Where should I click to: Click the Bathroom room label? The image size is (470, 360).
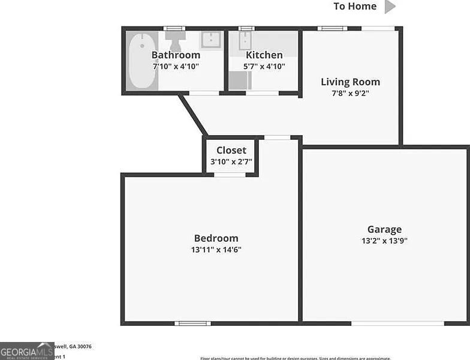[176, 55]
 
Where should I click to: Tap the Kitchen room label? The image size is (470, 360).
[264, 55]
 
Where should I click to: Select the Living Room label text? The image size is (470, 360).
[350, 82]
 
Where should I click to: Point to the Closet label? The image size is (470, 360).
[231, 151]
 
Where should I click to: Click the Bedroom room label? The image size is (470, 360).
[216, 238]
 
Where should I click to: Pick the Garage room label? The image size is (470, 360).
[384, 229]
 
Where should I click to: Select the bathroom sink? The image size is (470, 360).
[211, 40]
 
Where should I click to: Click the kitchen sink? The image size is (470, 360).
[246, 41]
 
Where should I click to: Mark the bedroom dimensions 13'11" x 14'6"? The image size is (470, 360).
[216, 250]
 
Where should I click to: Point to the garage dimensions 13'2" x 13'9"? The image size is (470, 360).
[384, 241]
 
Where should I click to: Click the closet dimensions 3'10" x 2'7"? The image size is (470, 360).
[231, 162]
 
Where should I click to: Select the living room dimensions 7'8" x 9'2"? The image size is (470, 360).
[350, 93]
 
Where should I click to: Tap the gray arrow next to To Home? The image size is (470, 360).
[390, 7]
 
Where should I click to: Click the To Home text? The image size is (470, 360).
[355, 7]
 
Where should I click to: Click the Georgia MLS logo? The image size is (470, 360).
[27, 350]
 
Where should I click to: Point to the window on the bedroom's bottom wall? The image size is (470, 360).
[192, 323]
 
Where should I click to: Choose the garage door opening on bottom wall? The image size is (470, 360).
[397, 323]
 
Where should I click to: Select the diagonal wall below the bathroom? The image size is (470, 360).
[194, 115]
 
